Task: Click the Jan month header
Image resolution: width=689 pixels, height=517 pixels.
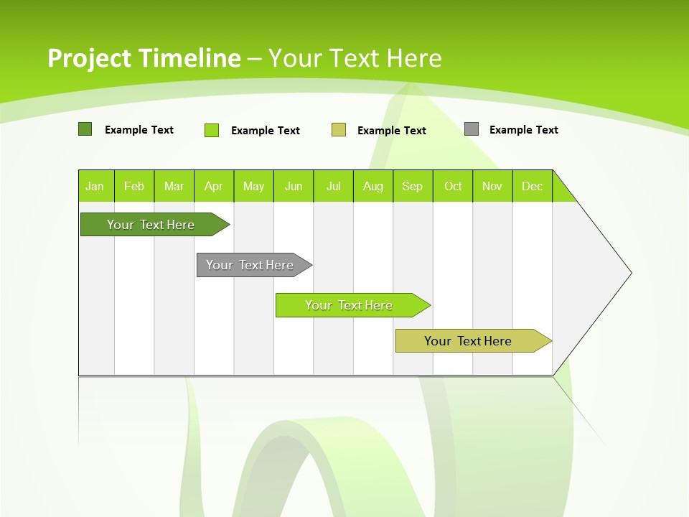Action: (x=95, y=186)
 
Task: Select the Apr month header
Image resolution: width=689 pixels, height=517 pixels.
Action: (x=214, y=186)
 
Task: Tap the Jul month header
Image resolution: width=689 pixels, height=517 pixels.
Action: (x=334, y=186)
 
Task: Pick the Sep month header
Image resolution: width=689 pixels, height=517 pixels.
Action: (x=413, y=186)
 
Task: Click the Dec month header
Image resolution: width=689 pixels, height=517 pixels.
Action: (x=533, y=186)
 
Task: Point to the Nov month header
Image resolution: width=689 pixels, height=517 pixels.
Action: (x=492, y=186)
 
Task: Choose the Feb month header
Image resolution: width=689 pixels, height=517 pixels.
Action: (x=134, y=186)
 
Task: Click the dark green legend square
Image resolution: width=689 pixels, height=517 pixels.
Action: (x=85, y=129)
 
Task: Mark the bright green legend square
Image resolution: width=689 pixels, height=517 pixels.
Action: (x=212, y=130)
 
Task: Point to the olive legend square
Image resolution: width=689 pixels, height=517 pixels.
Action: (x=339, y=130)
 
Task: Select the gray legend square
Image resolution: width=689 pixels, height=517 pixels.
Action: (x=472, y=129)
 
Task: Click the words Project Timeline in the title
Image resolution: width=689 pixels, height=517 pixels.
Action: (x=144, y=58)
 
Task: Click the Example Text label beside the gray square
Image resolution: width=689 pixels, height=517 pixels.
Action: (x=523, y=130)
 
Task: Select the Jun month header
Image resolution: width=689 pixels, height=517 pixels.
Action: (x=294, y=186)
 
